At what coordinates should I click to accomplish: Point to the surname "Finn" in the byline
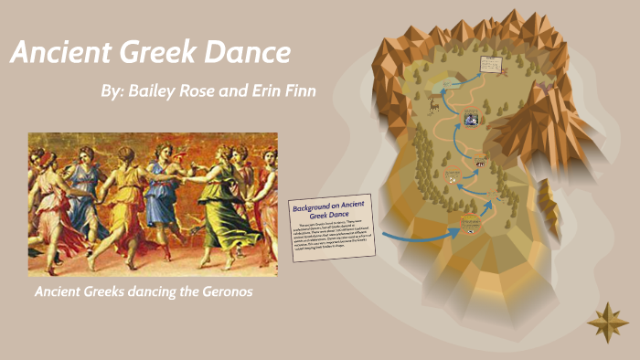[x=299, y=92]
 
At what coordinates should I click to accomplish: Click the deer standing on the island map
[x=433, y=103]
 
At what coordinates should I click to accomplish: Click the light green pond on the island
[x=453, y=84]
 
